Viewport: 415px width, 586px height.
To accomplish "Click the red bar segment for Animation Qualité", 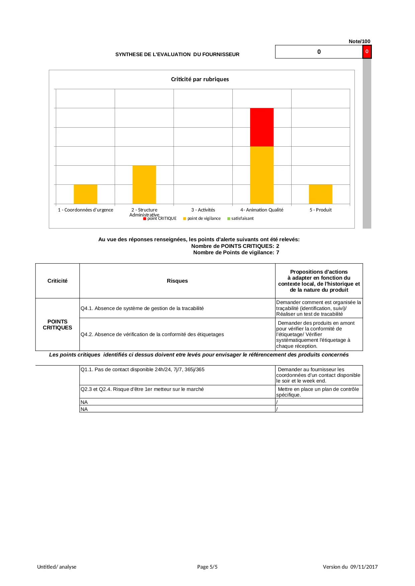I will [262, 127].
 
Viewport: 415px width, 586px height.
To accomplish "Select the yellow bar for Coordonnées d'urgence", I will [85, 194].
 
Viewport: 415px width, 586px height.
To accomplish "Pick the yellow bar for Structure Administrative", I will [144, 184].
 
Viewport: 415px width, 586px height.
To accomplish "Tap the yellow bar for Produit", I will [320, 194].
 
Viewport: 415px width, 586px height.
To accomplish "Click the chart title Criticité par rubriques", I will [200, 79].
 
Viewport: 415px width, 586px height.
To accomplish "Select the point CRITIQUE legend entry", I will [160, 218].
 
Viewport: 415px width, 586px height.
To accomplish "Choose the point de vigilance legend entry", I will [202, 218].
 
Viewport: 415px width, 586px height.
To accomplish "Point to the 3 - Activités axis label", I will [203, 210].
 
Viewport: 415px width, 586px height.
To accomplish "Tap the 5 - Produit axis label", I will [320, 210].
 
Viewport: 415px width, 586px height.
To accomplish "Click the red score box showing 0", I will [367, 52].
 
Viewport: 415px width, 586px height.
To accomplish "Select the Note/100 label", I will [359, 41].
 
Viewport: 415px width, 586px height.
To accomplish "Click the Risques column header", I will [177, 281].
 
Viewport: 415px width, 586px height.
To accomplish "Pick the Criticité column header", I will [58, 281].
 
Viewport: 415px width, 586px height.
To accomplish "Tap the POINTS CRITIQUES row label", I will [58, 324].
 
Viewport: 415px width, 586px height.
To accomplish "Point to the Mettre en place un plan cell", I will [319, 392].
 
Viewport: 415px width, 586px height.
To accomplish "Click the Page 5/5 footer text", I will [207, 567].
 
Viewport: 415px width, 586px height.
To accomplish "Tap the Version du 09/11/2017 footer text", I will [350, 567].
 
